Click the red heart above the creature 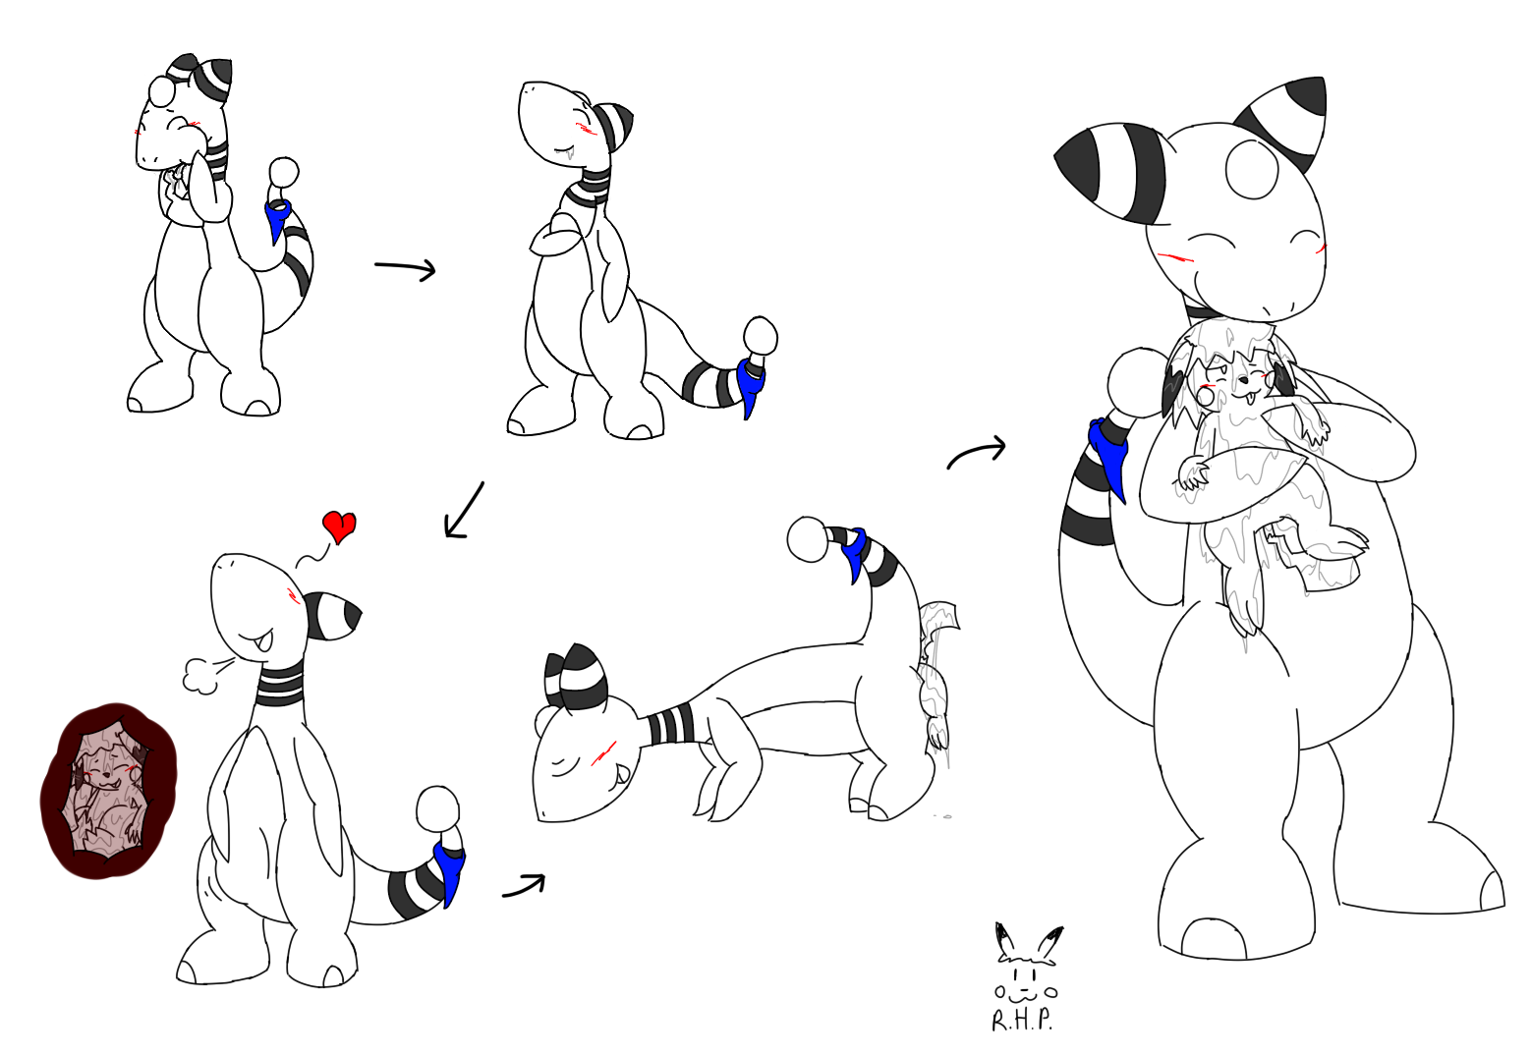[x=339, y=527]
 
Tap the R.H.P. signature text [x=1023, y=1021]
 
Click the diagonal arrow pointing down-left [x=464, y=510]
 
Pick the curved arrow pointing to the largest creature [x=976, y=452]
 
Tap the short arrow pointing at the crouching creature [x=524, y=885]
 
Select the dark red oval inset [x=108, y=790]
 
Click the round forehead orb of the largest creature [x=1252, y=169]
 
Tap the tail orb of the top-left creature [x=284, y=172]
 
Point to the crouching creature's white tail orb [x=808, y=539]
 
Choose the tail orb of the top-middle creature [x=760, y=336]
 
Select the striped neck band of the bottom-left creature [x=280, y=685]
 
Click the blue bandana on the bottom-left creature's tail [x=450, y=871]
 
